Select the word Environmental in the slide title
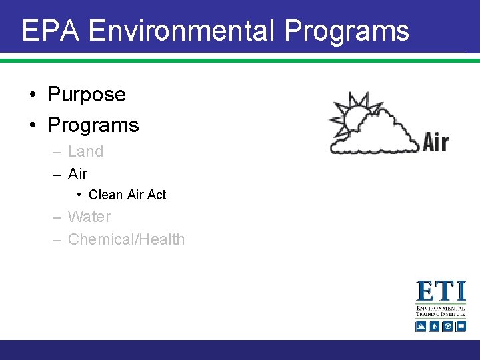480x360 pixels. (x=181, y=31)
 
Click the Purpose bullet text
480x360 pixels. (x=86, y=95)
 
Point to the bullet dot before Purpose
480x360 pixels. (x=33, y=95)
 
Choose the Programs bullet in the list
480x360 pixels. (x=93, y=125)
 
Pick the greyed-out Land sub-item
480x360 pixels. (x=85, y=151)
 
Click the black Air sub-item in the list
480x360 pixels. (x=77, y=174)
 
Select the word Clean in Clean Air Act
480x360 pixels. (x=105, y=195)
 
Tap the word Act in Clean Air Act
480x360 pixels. (x=157, y=195)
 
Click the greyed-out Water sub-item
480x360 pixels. (x=89, y=217)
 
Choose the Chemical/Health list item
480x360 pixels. (x=126, y=239)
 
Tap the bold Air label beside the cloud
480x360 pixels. (x=435, y=142)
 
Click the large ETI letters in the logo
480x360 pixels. (x=441, y=292)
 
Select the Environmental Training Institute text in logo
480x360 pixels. (x=441, y=311)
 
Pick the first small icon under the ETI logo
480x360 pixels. (x=421, y=326)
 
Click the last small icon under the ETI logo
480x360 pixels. (x=460, y=326)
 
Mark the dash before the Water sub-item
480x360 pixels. (x=57, y=217)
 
